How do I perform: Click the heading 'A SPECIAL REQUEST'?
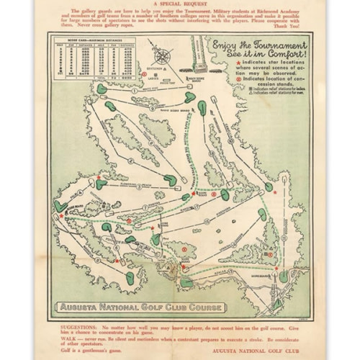180,4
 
